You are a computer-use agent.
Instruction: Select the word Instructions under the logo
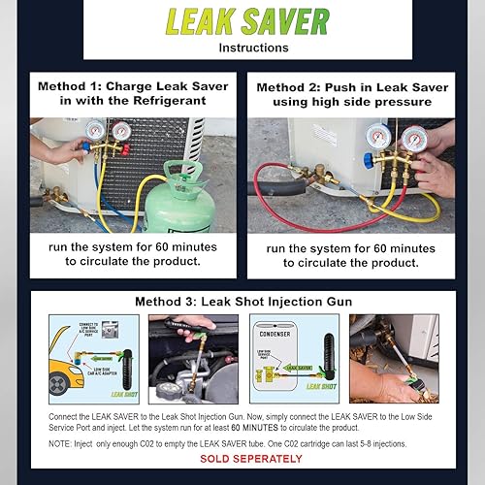tap(242, 46)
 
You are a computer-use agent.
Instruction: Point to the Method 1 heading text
tap(133, 94)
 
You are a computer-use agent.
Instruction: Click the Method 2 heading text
tap(352, 94)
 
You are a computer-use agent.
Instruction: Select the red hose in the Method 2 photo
tap(291, 199)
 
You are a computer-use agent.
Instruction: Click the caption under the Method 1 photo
tap(133, 255)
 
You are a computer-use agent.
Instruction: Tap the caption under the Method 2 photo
tap(352, 255)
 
